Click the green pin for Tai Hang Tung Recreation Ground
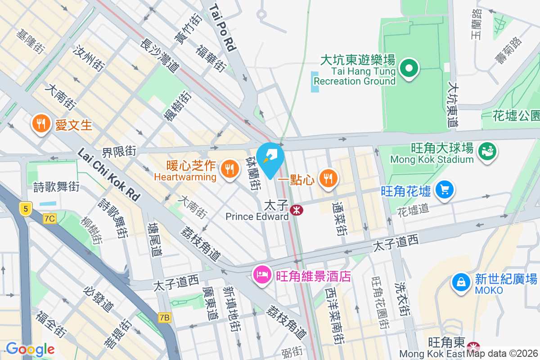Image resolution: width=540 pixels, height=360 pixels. pos(409,69)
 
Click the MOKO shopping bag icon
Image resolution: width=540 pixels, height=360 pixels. pos(460,282)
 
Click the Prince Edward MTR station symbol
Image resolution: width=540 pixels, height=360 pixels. pos(297,210)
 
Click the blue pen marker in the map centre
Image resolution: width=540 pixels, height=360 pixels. pos(271,158)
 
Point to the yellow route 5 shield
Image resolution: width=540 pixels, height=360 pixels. pos(26,208)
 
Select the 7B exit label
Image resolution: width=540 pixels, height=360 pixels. pos(165,318)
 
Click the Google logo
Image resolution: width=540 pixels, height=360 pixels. pos(30,349)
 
